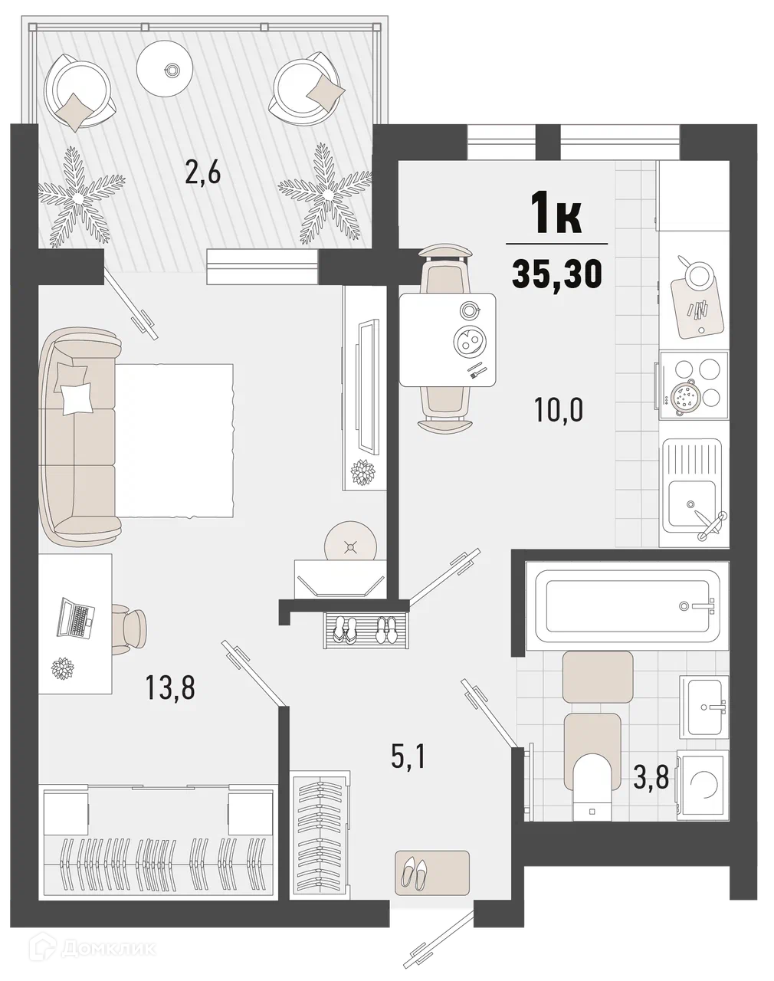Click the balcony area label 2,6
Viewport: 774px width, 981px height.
(x=203, y=174)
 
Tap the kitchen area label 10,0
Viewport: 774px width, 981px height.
(x=559, y=409)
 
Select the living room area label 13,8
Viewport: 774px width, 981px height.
(x=170, y=687)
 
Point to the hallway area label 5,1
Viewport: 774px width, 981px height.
(x=408, y=757)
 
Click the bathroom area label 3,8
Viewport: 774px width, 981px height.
(x=651, y=777)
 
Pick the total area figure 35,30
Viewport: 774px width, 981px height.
(x=557, y=274)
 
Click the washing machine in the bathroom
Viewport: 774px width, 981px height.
(x=703, y=785)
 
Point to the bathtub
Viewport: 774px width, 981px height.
(x=627, y=605)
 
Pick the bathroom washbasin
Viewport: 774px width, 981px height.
(x=704, y=707)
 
